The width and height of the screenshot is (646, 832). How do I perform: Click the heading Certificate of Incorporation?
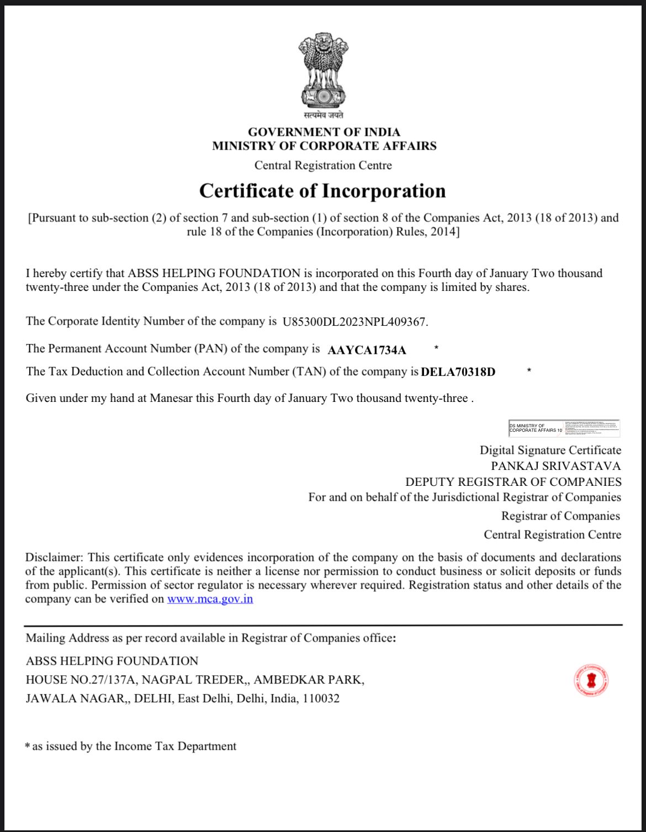[x=322, y=191]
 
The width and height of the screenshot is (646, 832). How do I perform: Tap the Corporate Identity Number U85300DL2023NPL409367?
[x=354, y=322]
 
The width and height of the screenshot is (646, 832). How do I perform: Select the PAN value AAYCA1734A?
[x=367, y=350]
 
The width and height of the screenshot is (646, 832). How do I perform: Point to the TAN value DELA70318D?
[x=458, y=372]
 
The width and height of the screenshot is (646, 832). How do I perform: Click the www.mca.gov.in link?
[x=210, y=599]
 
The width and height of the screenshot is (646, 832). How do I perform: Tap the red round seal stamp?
[x=591, y=680]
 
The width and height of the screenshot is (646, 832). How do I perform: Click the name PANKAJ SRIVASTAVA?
[x=555, y=466]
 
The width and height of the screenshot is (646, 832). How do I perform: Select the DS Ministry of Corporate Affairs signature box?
[x=564, y=428]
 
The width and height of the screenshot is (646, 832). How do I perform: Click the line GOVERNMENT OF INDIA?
[x=324, y=132]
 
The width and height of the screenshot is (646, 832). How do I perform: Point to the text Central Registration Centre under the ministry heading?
[x=323, y=166]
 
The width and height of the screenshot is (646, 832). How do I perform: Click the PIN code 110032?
[x=321, y=699]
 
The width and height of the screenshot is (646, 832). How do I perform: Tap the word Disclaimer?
[x=53, y=558]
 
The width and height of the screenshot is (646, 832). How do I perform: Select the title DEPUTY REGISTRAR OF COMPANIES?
[x=513, y=482]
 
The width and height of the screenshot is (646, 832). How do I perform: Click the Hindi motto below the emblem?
[x=324, y=115]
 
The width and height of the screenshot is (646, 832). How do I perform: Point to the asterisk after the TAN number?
[x=529, y=370]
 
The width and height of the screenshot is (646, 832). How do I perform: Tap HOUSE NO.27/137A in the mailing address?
[x=81, y=680]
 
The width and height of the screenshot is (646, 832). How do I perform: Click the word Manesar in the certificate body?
[x=171, y=399]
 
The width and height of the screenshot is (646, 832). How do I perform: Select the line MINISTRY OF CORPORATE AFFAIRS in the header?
[x=324, y=146]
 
